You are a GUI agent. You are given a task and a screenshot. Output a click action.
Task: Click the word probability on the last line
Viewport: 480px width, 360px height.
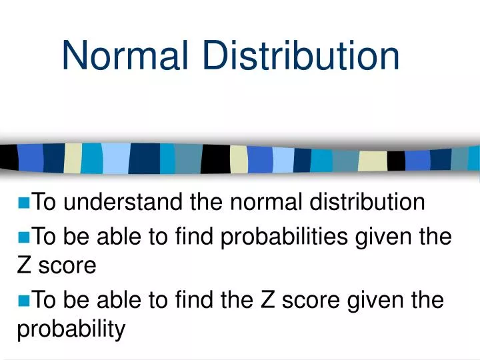[71, 329]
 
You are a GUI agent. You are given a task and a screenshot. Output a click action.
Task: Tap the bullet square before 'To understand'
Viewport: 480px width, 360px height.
[26, 203]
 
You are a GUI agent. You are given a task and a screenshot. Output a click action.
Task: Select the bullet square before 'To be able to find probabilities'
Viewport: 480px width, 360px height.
[26, 237]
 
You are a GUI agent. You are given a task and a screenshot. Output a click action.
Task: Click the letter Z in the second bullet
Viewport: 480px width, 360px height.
[23, 266]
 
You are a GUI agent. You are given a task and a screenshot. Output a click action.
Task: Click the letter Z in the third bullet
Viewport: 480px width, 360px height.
[268, 301]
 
